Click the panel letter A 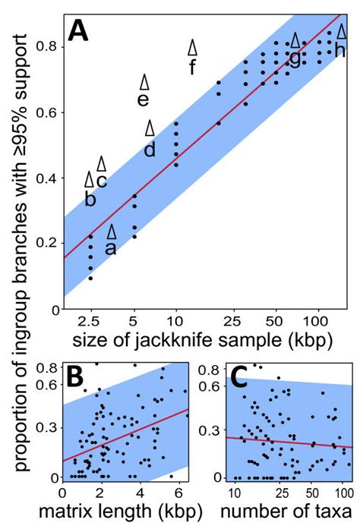click(81, 32)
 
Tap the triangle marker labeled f click(193, 47)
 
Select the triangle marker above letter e click(144, 82)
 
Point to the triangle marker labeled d click(150, 128)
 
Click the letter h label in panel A click(339, 51)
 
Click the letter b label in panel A click(90, 200)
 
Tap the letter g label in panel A click(294, 58)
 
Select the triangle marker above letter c click(101, 163)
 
